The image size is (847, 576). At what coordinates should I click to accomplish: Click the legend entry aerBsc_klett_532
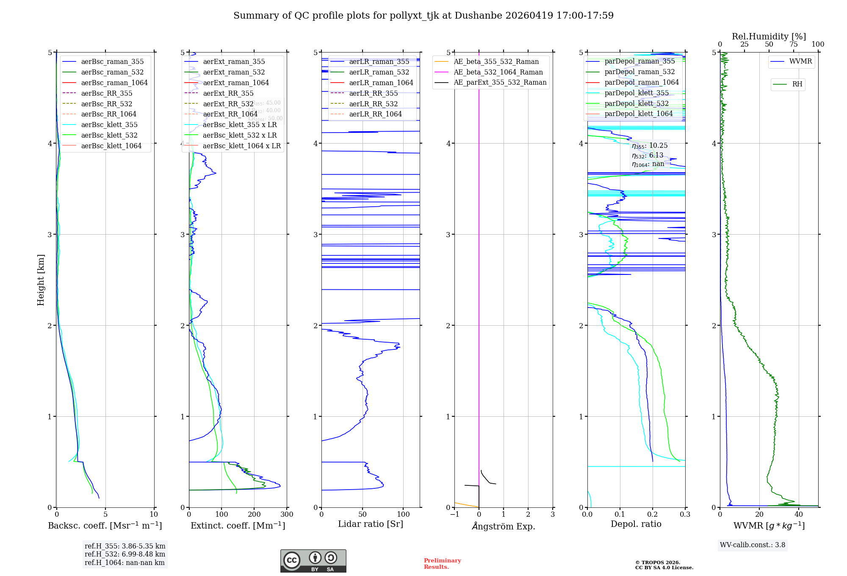(109, 136)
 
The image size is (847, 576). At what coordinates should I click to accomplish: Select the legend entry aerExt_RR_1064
(230, 114)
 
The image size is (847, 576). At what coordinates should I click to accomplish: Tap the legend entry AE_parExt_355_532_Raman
(500, 83)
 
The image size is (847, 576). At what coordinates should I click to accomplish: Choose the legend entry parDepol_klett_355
(637, 93)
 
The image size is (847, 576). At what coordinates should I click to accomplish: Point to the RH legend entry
(797, 84)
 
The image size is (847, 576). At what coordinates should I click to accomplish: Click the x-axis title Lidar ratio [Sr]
(371, 524)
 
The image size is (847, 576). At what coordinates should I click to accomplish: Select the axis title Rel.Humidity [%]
(769, 36)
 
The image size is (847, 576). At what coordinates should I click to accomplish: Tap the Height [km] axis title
(41, 280)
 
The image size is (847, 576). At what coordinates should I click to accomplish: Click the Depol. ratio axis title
(636, 524)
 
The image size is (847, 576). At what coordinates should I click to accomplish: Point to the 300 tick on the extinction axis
(287, 515)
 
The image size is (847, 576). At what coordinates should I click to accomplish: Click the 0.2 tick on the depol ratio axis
(653, 515)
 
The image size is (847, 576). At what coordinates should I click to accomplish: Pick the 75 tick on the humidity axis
(794, 44)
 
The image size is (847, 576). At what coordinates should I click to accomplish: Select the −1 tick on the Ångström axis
(454, 515)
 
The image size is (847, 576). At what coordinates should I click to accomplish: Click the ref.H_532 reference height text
(125, 554)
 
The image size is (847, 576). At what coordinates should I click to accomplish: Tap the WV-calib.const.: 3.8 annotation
(753, 545)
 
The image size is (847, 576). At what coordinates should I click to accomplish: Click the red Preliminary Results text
(442, 564)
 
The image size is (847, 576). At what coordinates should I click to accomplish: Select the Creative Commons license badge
(313, 561)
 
